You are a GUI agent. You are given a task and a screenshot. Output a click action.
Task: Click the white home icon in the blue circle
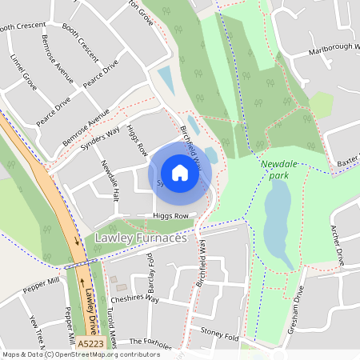click(180, 172)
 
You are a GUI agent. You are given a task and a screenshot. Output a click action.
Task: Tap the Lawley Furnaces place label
click(140, 238)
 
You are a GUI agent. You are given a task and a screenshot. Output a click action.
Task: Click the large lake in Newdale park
click(278, 224)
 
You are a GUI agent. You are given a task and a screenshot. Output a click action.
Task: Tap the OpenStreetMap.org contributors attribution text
click(104, 354)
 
